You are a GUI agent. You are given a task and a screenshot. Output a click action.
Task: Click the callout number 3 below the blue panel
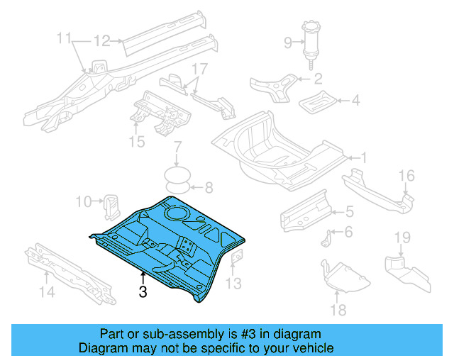click(x=143, y=291)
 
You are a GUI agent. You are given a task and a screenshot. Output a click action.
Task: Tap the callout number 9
click(x=288, y=43)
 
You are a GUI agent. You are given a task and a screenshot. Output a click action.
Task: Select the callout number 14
click(x=47, y=291)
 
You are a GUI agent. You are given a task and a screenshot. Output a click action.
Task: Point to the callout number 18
click(x=338, y=310)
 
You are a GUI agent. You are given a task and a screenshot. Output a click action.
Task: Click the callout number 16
click(x=406, y=176)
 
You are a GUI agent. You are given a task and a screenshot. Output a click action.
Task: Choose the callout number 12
click(x=102, y=41)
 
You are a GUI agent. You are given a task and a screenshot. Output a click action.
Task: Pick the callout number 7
click(x=177, y=147)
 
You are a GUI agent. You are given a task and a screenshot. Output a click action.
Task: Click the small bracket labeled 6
click(x=326, y=239)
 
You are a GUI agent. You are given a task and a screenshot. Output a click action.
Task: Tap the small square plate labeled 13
click(x=237, y=257)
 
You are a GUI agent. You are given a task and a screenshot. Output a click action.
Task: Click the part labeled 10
click(x=111, y=207)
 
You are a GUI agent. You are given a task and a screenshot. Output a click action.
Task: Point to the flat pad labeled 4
click(x=318, y=102)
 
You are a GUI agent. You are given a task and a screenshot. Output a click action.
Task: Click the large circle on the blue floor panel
click(x=177, y=213)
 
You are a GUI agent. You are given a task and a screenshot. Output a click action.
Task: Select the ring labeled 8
click(x=177, y=188)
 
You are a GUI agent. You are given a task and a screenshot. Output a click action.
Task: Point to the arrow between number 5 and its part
click(x=338, y=212)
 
